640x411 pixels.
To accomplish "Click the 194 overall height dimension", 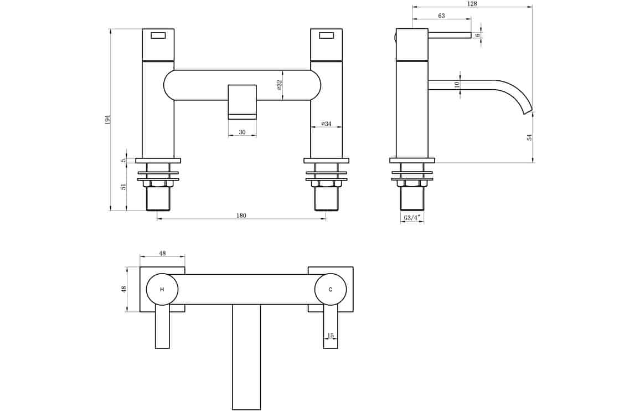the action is (108, 120).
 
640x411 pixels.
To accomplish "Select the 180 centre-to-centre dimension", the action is (241, 215).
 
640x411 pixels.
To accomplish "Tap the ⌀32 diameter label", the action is (280, 85).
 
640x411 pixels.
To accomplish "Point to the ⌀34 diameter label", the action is (326, 124).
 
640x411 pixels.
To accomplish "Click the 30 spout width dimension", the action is (242, 132).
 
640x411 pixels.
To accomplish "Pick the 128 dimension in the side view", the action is (472, 4).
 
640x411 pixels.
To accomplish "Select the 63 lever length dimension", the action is (441, 16).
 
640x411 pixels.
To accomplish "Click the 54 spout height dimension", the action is (529, 137).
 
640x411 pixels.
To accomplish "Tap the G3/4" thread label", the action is (412, 218).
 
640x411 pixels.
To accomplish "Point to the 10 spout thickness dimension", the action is (457, 85).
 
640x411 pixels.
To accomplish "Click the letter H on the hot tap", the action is (162, 290).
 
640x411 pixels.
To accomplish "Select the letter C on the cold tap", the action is (331, 290).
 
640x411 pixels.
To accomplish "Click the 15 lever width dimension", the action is (331, 336).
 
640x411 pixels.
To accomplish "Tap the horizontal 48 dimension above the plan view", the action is (162, 253).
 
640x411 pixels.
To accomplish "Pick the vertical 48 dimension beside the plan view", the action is (124, 289).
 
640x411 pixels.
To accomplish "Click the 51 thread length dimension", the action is (123, 187).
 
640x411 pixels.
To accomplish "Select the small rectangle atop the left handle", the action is (158, 35).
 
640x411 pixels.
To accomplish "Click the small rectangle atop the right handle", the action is (327, 35).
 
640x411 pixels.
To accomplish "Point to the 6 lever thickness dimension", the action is (478, 35).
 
